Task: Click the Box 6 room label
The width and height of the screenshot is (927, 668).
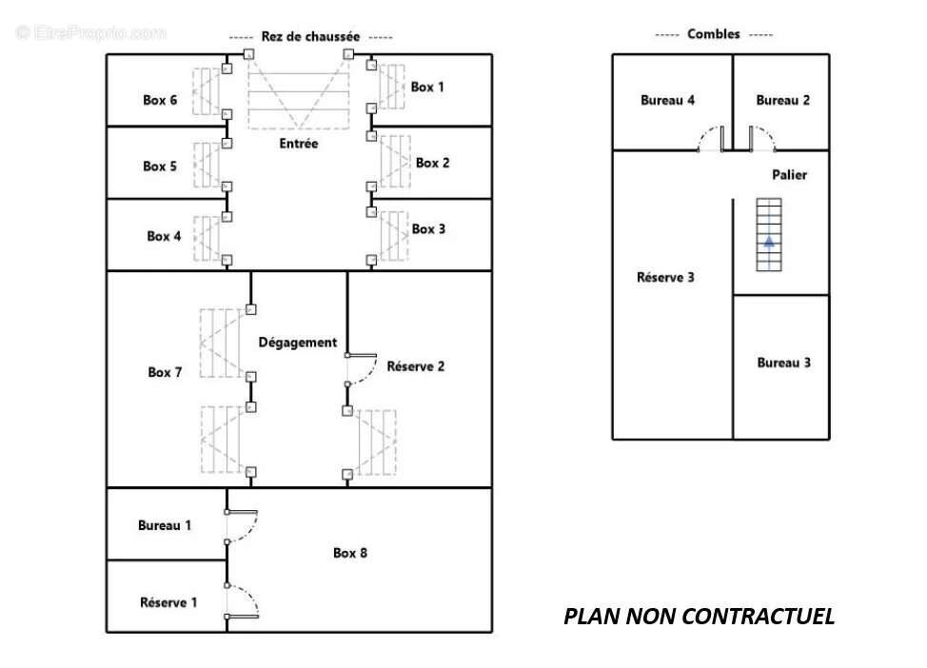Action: click(160, 100)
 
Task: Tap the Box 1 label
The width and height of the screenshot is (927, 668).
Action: click(426, 87)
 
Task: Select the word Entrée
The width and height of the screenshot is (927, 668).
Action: click(299, 143)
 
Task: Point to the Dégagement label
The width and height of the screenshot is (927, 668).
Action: click(297, 343)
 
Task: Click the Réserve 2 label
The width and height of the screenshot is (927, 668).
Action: click(416, 366)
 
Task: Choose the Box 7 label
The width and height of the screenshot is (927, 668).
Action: click(165, 372)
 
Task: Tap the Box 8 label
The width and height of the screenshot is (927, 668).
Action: click(350, 553)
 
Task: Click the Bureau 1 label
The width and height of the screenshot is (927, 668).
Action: click(165, 525)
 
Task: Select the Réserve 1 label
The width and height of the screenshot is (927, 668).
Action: click(168, 602)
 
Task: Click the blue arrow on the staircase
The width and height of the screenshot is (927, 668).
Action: click(769, 241)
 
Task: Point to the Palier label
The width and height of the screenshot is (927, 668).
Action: click(789, 174)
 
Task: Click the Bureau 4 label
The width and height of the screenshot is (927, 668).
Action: click(667, 100)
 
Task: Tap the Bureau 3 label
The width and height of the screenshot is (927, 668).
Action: click(783, 363)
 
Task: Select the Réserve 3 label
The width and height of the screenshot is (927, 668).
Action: click(665, 277)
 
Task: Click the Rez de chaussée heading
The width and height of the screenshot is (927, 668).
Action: click(310, 36)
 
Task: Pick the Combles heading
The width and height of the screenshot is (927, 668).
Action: click(713, 33)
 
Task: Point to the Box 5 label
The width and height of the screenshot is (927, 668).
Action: click(160, 167)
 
